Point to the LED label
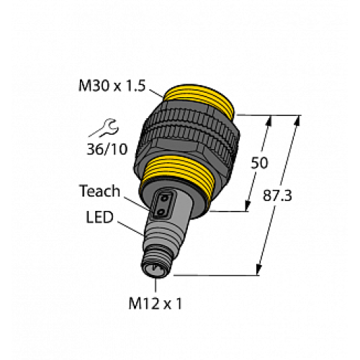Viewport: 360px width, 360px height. (99, 216)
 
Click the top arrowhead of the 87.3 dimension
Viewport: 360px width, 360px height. (296, 118)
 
